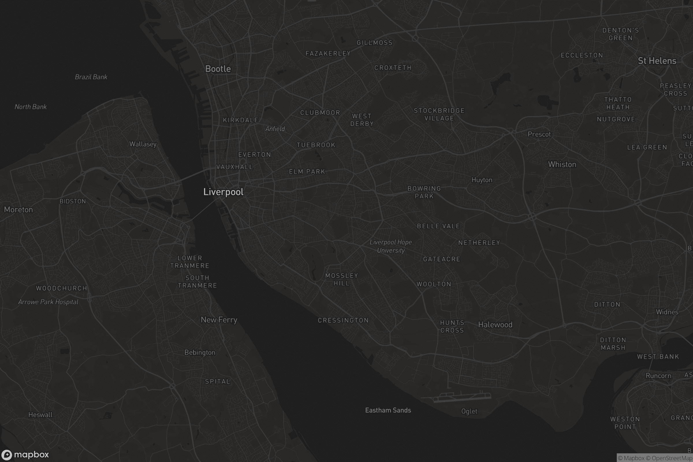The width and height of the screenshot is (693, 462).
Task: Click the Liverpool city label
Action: click(223, 192)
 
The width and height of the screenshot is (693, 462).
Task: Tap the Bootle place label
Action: click(218, 69)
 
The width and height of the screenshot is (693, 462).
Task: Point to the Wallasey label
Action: click(143, 144)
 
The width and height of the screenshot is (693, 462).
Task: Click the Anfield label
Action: click(275, 129)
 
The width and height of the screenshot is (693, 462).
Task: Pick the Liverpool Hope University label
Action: click(391, 246)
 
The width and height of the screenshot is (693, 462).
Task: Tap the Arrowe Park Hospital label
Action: click(48, 302)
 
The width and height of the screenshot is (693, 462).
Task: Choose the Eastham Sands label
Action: click(388, 410)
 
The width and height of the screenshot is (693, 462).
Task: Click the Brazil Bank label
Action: click(91, 77)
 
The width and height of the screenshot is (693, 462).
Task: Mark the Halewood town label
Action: click(495, 325)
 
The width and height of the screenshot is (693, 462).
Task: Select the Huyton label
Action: click(482, 180)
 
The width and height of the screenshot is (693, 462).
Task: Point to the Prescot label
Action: click(539, 134)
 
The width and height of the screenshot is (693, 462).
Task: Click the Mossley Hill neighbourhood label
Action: click(342, 279)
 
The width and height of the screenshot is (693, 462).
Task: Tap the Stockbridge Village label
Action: click(439, 114)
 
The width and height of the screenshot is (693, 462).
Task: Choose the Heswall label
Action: click(40, 415)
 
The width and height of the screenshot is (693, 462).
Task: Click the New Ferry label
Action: click(219, 320)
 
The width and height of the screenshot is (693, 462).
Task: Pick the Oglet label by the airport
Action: click(469, 411)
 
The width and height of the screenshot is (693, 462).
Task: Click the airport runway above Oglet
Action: click(462, 398)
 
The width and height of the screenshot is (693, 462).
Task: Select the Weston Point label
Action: click(625, 423)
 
